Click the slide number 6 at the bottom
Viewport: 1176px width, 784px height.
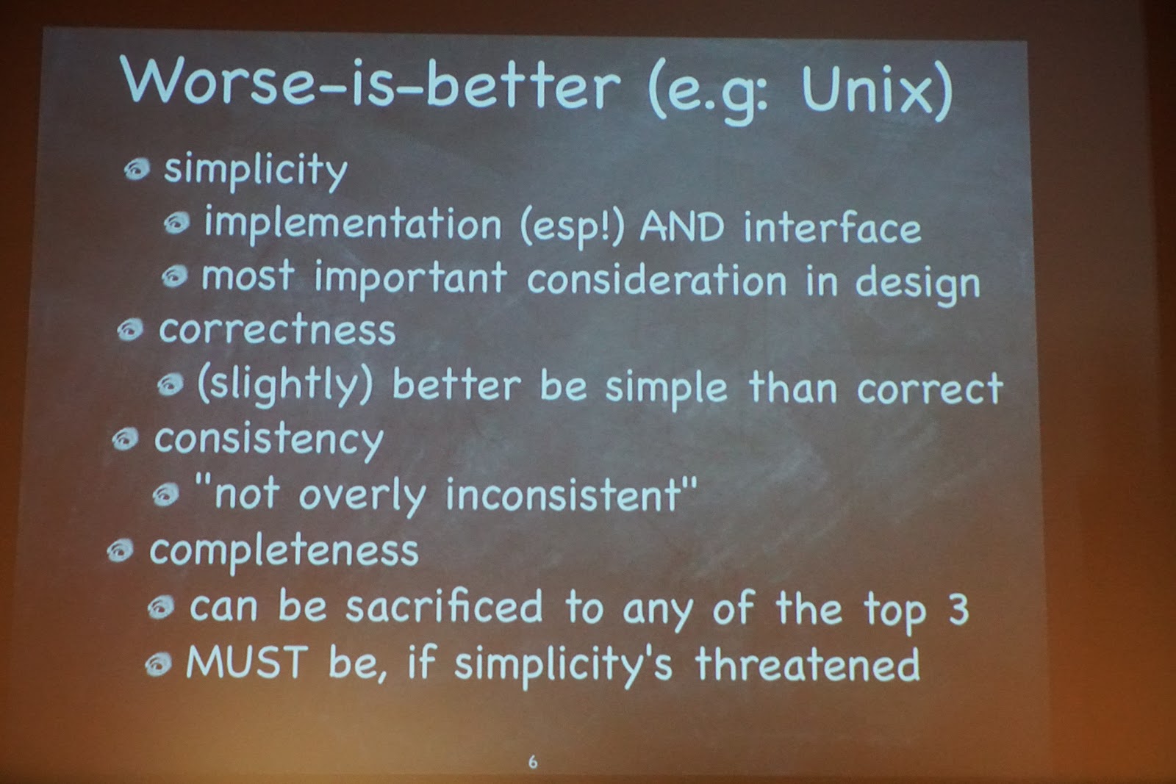coord(533,761)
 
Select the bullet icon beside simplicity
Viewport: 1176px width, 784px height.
coord(137,170)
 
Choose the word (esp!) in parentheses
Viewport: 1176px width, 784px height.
coord(573,229)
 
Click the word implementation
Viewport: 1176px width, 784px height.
coord(353,224)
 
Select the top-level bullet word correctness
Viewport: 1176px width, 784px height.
coord(277,330)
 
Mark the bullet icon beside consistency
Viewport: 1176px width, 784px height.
coord(126,439)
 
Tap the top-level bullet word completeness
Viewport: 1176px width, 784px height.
coord(284,552)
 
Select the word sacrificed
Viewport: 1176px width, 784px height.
coord(444,606)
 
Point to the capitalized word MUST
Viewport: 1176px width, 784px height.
coord(247,661)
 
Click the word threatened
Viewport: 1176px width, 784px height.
coord(808,663)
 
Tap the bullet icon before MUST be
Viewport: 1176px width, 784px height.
coord(158,664)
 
